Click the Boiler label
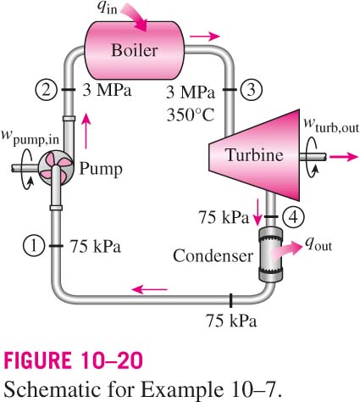[135, 50]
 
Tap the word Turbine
[254, 155]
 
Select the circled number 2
[47, 90]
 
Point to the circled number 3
[252, 90]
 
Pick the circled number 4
[293, 217]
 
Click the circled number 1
[34, 246]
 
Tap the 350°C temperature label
[191, 114]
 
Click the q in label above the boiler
[108, 8]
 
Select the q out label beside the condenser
[318, 244]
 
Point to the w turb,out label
[331, 126]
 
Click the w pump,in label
[30, 137]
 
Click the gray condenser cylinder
[270, 254]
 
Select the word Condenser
[213, 256]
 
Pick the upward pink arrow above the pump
[86, 131]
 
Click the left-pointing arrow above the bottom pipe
[149, 289]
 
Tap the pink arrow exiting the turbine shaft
[344, 156]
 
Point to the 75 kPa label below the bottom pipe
[231, 321]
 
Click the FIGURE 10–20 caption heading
[74, 360]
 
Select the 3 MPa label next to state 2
[107, 91]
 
